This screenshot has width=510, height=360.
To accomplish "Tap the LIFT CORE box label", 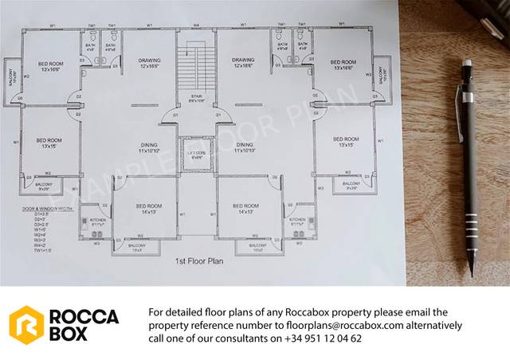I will (x=195, y=153).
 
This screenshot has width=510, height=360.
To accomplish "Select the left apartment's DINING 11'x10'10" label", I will (x=148, y=147).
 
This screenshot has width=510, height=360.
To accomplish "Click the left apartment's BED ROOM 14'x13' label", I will (x=148, y=209).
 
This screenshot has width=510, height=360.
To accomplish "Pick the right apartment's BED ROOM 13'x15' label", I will (x=347, y=142).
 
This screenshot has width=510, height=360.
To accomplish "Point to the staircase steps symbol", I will (x=195, y=72).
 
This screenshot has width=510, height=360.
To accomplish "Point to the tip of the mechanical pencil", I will (x=471, y=275).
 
